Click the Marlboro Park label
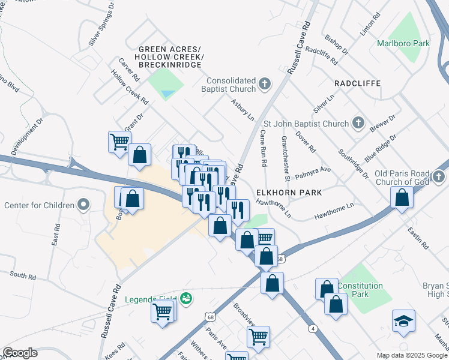coord(403,43)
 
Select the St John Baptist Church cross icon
coord(358,124)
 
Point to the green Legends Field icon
coord(186,298)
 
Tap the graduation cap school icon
coord(403,321)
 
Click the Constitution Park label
coord(360,290)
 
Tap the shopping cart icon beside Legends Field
coord(163,312)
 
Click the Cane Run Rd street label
coord(263,149)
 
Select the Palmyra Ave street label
coord(317,170)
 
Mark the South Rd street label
coord(23,275)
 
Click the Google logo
coord(20,353)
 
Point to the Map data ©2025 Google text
coord(411,355)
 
